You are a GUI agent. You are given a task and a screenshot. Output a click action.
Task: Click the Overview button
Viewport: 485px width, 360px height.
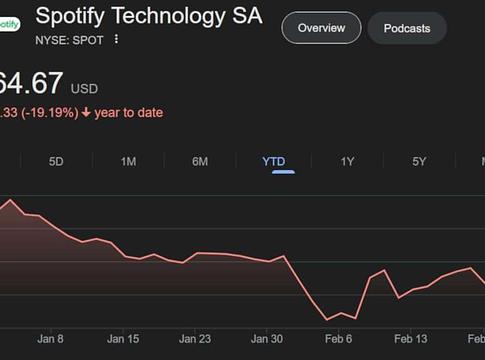click(321, 28)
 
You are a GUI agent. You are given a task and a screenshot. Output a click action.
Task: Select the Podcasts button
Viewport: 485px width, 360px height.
click(407, 28)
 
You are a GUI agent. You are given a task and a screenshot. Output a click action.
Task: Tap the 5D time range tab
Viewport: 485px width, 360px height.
click(56, 161)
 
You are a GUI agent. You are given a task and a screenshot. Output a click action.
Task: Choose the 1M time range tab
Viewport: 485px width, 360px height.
click(129, 161)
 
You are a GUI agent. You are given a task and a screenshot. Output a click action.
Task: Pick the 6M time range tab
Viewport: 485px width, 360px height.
click(200, 161)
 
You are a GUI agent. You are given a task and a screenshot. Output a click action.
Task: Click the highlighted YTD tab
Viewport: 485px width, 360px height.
click(273, 161)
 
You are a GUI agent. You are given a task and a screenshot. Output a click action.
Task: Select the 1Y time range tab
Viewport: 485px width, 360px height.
click(347, 161)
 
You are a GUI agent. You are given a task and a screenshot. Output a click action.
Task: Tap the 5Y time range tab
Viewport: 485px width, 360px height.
click(419, 161)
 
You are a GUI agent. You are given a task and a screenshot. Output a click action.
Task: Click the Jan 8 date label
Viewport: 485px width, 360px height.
click(50, 339)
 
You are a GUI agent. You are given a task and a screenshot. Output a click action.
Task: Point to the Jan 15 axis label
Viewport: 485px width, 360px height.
click(123, 339)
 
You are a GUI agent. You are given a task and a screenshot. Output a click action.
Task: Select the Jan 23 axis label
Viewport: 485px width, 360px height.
click(195, 339)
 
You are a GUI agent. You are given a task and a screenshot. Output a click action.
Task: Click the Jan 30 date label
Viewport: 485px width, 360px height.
click(267, 339)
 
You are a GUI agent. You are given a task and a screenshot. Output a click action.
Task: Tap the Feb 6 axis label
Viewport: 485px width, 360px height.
click(339, 339)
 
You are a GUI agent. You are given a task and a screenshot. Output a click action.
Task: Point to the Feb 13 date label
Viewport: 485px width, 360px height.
click(411, 339)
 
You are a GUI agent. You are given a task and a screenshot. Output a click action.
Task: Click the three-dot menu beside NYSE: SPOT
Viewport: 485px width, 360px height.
click(116, 39)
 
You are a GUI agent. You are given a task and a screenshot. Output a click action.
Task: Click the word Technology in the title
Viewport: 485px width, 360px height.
click(167, 16)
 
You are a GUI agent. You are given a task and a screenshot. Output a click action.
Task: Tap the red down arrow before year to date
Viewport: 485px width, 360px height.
click(86, 113)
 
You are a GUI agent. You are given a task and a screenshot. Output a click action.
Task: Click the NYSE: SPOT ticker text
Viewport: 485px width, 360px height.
click(71, 39)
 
